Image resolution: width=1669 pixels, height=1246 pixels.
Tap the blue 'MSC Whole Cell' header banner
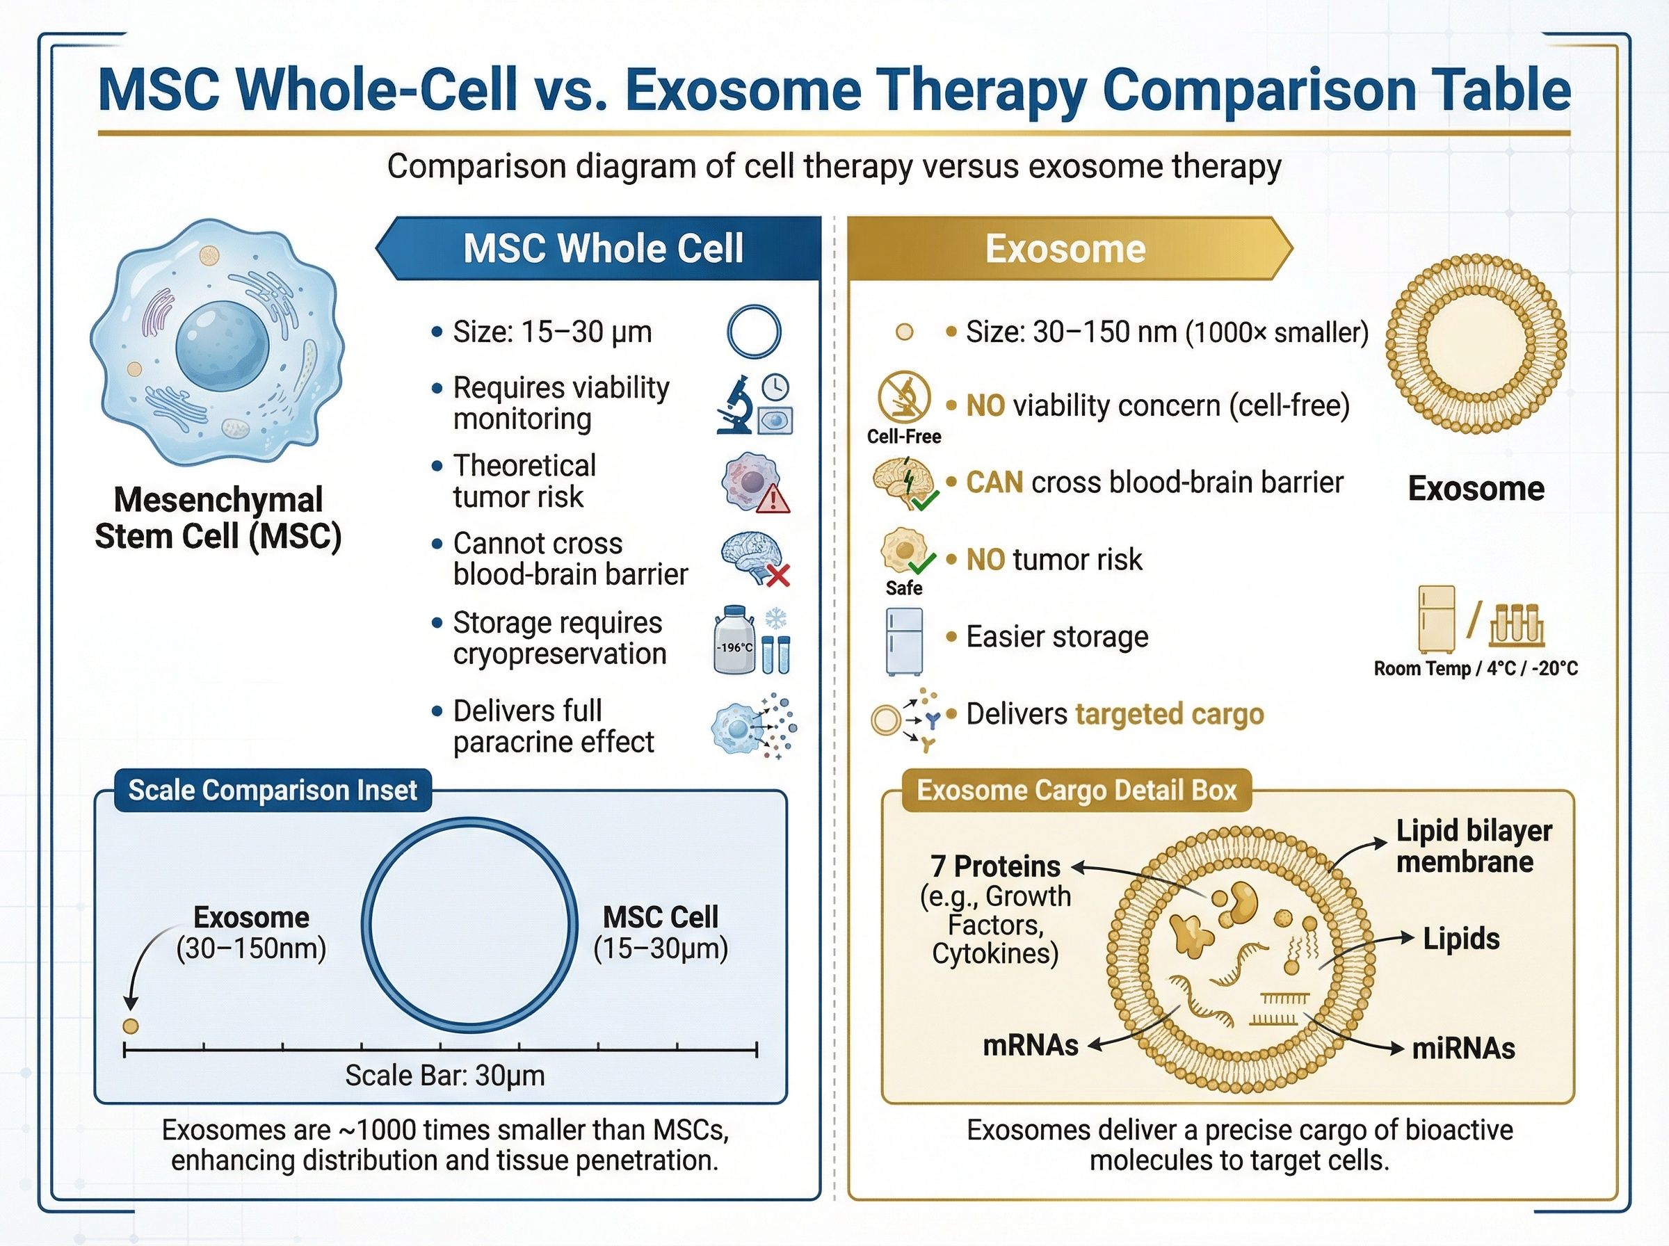pyautogui.click(x=602, y=249)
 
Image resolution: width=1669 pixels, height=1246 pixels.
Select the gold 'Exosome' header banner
pyautogui.click(x=1065, y=249)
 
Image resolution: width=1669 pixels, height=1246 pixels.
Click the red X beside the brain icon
pyautogui.click(x=777, y=576)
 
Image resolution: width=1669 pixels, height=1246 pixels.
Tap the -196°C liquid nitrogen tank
pyautogui.click(x=733, y=641)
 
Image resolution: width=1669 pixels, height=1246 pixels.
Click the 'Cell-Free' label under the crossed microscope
pyautogui.click(x=903, y=437)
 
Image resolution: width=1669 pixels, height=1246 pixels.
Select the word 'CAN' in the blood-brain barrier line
pyautogui.click(x=994, y=483)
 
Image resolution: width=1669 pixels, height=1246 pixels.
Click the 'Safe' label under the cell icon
pyautogui.click(x=903, y=588)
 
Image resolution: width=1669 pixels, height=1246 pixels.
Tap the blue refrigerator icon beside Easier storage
pyautogui.click(x=903, y=641)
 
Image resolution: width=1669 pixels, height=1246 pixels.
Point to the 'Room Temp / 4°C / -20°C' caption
pyautogui.click(x=1475, y=669)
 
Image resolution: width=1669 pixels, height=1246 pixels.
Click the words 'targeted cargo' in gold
pyautogui.click(x=1169, y=714)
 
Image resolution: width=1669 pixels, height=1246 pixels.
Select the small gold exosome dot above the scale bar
pyautogui.click(x=131, y=1026)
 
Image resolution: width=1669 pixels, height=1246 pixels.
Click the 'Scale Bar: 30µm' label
pyautogui.click(x=445, y=1076)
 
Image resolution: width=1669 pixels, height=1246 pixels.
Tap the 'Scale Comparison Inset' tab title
pyautogui.click(x=273, y=791)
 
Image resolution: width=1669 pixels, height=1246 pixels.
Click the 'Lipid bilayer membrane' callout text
pyautogui.click(x=1472, y=846)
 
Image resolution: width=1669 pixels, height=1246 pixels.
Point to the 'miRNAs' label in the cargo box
pyautogui.click(x=1462, y=1049)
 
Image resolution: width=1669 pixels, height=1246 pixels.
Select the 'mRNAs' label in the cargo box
pyautogui.click(x=1030, y=1045)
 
